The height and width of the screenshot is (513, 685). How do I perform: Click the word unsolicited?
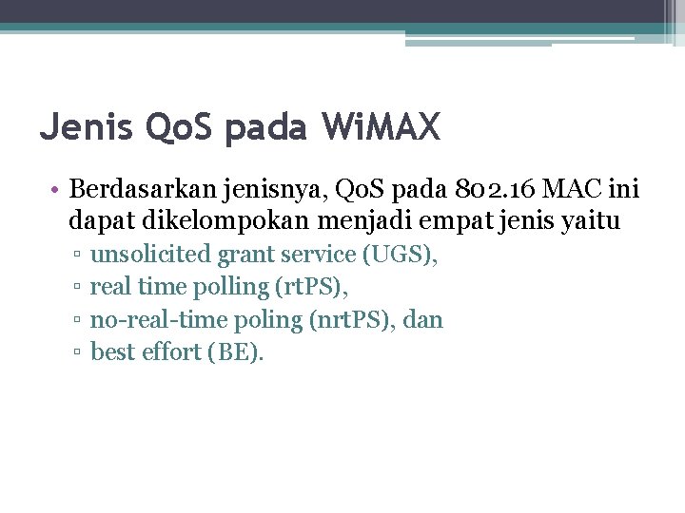pos(150,255)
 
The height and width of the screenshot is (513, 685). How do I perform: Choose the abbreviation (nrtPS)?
pos(353,320)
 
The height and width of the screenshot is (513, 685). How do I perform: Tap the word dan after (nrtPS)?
pos(423,320)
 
